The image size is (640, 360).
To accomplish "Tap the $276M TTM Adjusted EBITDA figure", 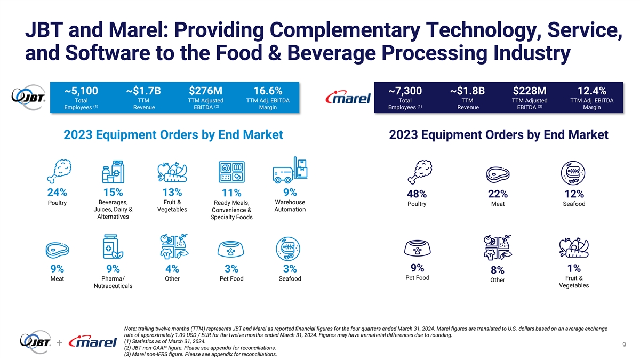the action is (205, 91).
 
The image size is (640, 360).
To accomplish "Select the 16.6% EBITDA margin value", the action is (268, 91).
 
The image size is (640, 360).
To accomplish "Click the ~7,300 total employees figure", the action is (405, 91).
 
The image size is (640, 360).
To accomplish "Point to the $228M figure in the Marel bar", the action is (530, 91).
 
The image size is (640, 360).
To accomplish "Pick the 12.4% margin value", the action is (591, 91).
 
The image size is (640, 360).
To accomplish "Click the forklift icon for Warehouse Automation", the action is (290, 170).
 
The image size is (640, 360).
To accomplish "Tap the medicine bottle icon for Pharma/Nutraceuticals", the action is (113, 246).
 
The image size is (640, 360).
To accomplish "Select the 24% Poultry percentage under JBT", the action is (57, 193).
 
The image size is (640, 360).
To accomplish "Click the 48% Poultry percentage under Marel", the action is (417, 194).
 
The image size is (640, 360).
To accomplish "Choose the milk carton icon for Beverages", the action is (113, 171).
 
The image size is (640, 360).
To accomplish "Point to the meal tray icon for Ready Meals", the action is (231, 172).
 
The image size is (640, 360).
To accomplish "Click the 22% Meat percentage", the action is (498, 194).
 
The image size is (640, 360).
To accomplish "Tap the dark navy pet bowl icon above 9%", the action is (417, 248).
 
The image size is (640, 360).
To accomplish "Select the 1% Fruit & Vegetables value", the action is (574, 268).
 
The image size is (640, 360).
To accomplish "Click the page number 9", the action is (625, 345).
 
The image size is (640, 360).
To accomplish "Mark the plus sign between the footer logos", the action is (59, 342).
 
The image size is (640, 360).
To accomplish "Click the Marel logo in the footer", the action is (93, 342).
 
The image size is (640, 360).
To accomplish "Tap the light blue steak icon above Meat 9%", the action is (57, 250).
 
